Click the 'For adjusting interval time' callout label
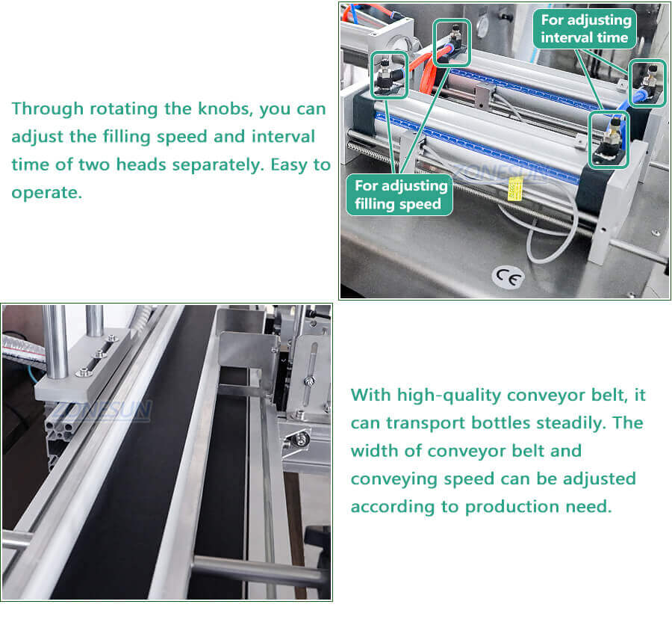[x=585, y=28]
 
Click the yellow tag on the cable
[x=514, y=191]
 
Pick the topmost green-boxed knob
[x=452, y=42]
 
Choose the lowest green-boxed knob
[x=609, y=140]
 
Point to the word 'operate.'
[x=46, y=193]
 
